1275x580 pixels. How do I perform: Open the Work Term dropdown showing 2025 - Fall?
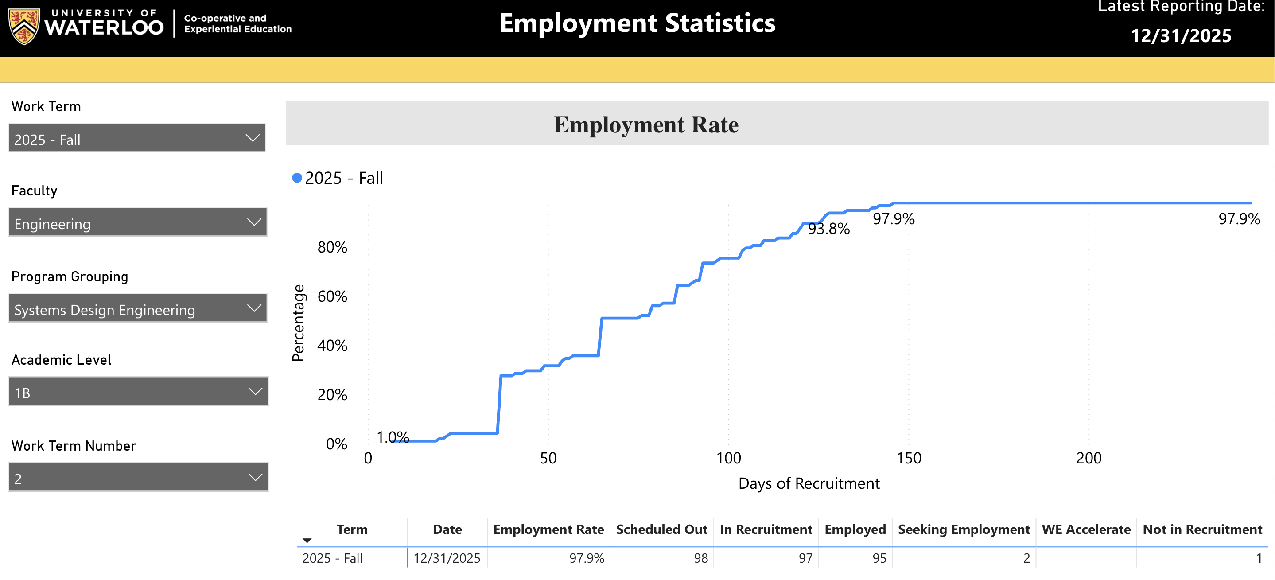click(136, 138)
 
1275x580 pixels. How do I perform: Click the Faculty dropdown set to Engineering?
click(137, 222)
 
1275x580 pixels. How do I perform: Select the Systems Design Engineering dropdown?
click(137, 308)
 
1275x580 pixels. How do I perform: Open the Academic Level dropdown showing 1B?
click(138, 391)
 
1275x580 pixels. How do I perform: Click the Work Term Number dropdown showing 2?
click(138, 478)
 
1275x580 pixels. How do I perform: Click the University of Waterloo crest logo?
click(24, 26)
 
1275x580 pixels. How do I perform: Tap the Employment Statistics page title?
click(637, 23)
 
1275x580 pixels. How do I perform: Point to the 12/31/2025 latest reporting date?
click(1181, 35)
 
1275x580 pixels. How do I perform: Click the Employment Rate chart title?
click(645, 124)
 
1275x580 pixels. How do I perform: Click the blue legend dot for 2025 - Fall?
click(297, 178)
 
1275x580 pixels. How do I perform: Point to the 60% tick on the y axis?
click(332, 296)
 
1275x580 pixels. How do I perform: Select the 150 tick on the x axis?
click(909, 458)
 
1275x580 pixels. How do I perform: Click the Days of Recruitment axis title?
click(809, 483)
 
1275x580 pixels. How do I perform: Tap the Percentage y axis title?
click(298, 323)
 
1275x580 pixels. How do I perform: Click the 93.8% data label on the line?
click(828, 229)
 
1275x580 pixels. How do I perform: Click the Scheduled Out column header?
click(661, 529)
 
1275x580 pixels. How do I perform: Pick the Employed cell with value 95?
click(879, 558)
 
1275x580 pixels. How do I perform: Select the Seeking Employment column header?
click(963, 529)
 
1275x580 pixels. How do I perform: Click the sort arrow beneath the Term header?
click(307, 541)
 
